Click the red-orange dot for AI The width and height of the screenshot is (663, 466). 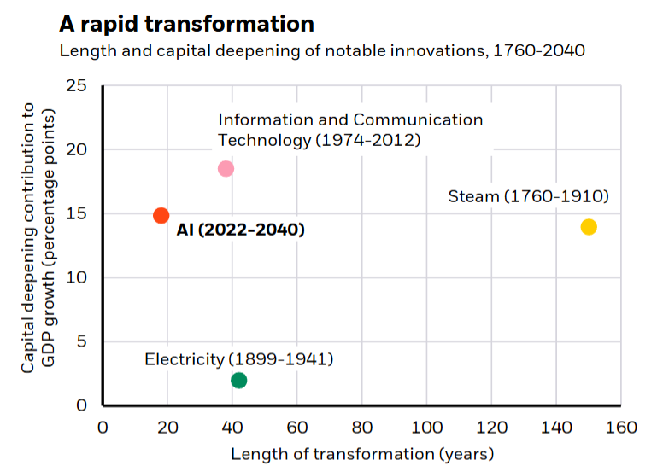tap(161, 215)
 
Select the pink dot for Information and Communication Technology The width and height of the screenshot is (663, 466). tap(226, 168)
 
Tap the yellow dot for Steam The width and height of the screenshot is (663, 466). tap(589, 226)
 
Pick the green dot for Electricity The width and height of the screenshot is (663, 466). tap(239, 380)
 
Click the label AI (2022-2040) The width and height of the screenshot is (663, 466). tap(241, 230)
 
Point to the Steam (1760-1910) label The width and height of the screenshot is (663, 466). tap(528, 197)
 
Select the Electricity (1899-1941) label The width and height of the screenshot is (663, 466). tap(239, 358)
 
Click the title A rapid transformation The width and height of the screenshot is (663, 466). tap(186, 23)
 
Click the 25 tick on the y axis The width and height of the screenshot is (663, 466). tap(77, 86)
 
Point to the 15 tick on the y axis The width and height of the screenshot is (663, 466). tap(77, 214)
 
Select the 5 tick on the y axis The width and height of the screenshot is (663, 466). tap(81, 341)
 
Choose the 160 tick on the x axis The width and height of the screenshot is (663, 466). tap(620, 427)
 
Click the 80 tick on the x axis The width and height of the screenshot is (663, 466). tap(361, 427)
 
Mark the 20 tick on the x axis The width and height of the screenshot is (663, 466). tap(167, 427)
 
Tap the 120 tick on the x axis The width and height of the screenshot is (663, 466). tap(490, 427)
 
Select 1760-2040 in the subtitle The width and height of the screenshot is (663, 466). tap(544, 50)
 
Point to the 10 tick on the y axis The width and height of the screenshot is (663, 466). tap(77, 278)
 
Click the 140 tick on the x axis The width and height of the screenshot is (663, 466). tap(555, 427)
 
